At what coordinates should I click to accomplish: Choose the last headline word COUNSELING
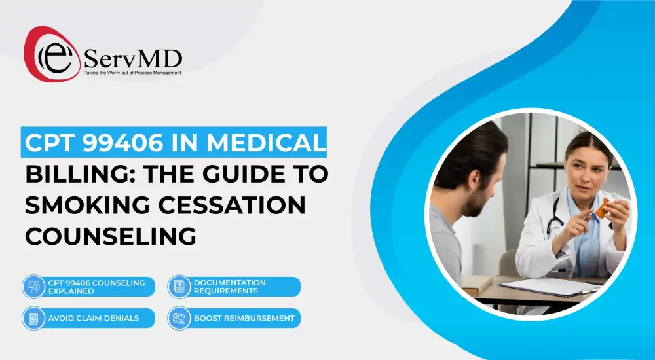point(111,237)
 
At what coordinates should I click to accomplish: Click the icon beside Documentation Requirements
point(178,287)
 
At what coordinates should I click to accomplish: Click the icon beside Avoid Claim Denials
point(32,319)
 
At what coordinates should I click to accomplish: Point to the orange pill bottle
point(602,207)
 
